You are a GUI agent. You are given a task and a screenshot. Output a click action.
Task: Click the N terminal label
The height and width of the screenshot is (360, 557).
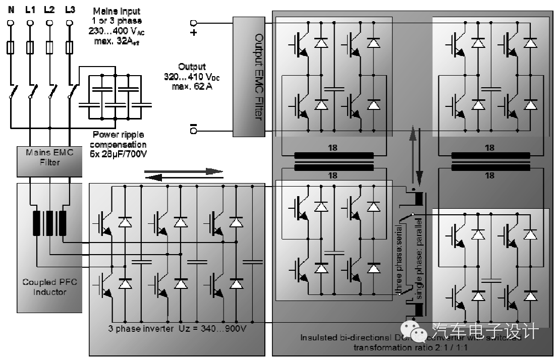tap(10, 9)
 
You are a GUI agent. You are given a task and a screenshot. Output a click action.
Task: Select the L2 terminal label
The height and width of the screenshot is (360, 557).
tap(49, 9)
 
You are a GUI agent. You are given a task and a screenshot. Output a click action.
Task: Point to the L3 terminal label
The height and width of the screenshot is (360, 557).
tap(70, 9)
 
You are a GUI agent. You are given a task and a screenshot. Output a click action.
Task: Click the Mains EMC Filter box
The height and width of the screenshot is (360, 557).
tap(49, 157)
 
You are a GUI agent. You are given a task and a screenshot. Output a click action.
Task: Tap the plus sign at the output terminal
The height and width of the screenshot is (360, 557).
tap(193, 33)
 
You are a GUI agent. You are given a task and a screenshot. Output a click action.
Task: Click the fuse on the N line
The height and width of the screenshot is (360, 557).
tap(10, 48)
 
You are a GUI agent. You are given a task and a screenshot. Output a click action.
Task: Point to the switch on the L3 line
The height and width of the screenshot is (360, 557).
tap(72, 93)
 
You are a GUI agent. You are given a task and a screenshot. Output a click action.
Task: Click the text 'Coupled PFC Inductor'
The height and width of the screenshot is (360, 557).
tap(49, 287)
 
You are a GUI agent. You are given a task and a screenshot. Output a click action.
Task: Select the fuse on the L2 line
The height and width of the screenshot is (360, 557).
tap(49, 48)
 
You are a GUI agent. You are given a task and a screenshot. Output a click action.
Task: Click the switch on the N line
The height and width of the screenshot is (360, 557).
tap(12, 93)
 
